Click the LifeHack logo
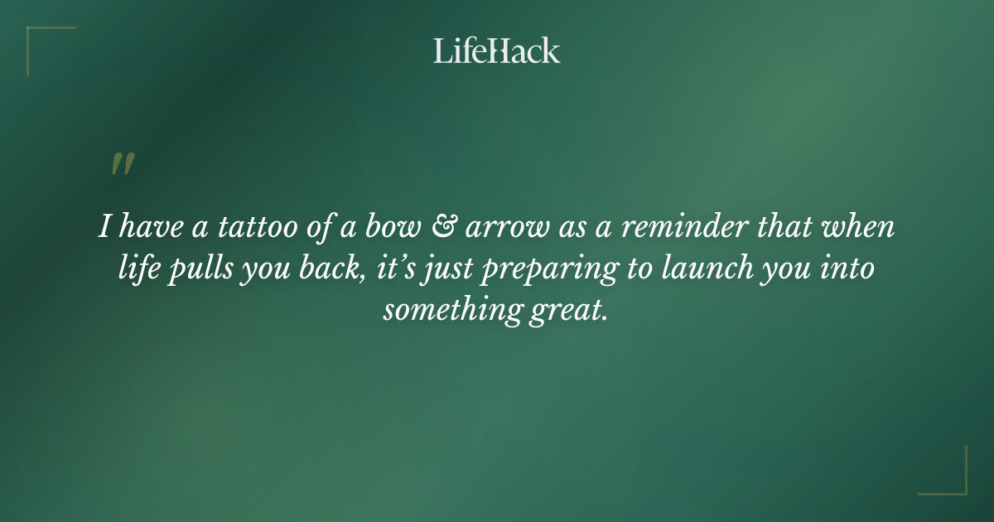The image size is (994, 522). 496,51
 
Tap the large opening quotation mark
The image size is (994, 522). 122,165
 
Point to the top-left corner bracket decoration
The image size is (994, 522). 41,41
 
